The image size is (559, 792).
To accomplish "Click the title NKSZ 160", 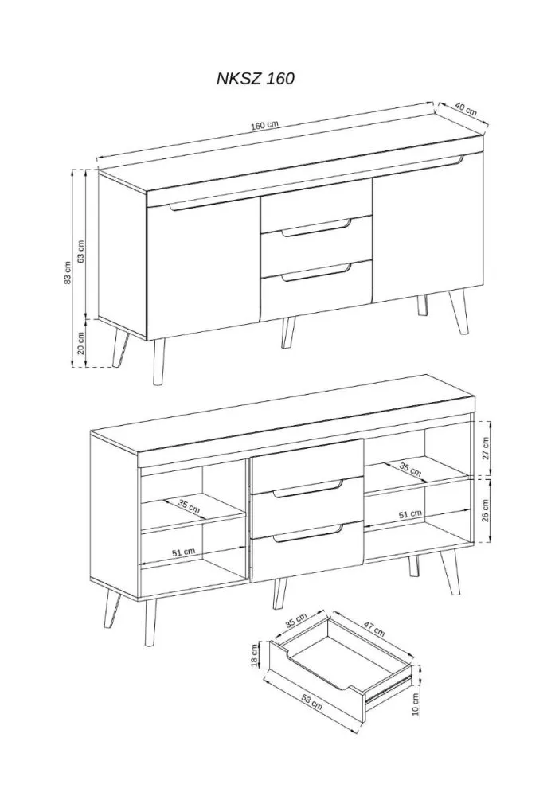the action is [256, 79].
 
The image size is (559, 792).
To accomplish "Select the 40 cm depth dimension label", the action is [466, 108].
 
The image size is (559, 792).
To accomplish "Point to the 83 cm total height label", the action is [68, 273].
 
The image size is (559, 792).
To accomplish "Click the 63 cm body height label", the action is [80, 251].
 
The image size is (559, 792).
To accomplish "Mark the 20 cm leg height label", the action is [80, 343].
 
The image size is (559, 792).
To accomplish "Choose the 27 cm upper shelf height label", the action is [486, 448].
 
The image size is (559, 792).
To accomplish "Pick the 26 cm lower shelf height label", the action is [486, 511].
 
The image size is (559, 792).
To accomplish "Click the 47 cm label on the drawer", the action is [373, 626].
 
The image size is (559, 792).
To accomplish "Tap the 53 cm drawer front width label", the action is [311, 701].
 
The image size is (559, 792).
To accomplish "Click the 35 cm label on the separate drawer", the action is [296, 620].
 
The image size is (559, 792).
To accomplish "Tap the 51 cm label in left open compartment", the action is [183, 552].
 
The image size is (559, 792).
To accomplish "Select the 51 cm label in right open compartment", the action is [410, 514].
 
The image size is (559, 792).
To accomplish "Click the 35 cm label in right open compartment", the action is [410, 470].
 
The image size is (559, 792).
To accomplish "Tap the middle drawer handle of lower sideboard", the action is [308, 489].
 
